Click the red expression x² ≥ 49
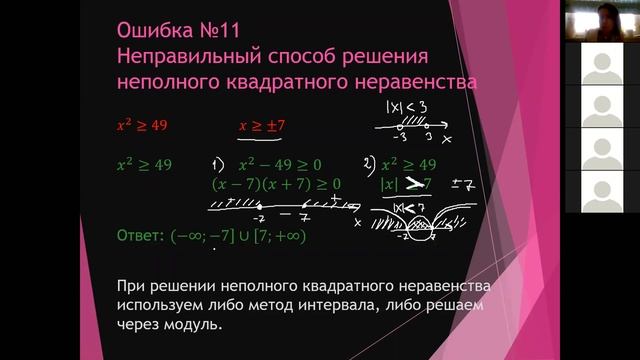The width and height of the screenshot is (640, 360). (145, 126)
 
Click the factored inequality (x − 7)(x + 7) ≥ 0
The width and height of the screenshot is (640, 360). (276, 184)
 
